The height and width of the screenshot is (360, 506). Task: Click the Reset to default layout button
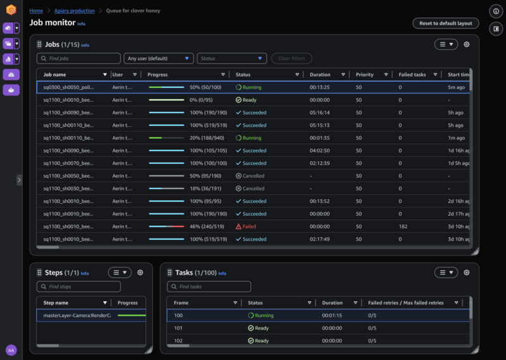446,23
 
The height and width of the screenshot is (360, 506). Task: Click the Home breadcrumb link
36,11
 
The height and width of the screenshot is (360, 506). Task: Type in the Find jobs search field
79,58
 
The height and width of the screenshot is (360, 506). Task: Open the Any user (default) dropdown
159,58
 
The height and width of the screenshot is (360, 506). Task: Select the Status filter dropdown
231,58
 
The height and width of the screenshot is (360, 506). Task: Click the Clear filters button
292,58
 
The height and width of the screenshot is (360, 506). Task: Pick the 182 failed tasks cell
404,227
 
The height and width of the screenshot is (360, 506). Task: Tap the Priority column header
364,75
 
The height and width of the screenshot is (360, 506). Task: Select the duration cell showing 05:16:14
320,113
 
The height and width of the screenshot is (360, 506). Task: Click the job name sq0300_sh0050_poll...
68,87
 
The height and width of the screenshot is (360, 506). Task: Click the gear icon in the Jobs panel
467,44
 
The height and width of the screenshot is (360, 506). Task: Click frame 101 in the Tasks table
178,328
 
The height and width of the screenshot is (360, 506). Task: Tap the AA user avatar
11,350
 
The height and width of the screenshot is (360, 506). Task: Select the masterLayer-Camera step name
77,315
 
